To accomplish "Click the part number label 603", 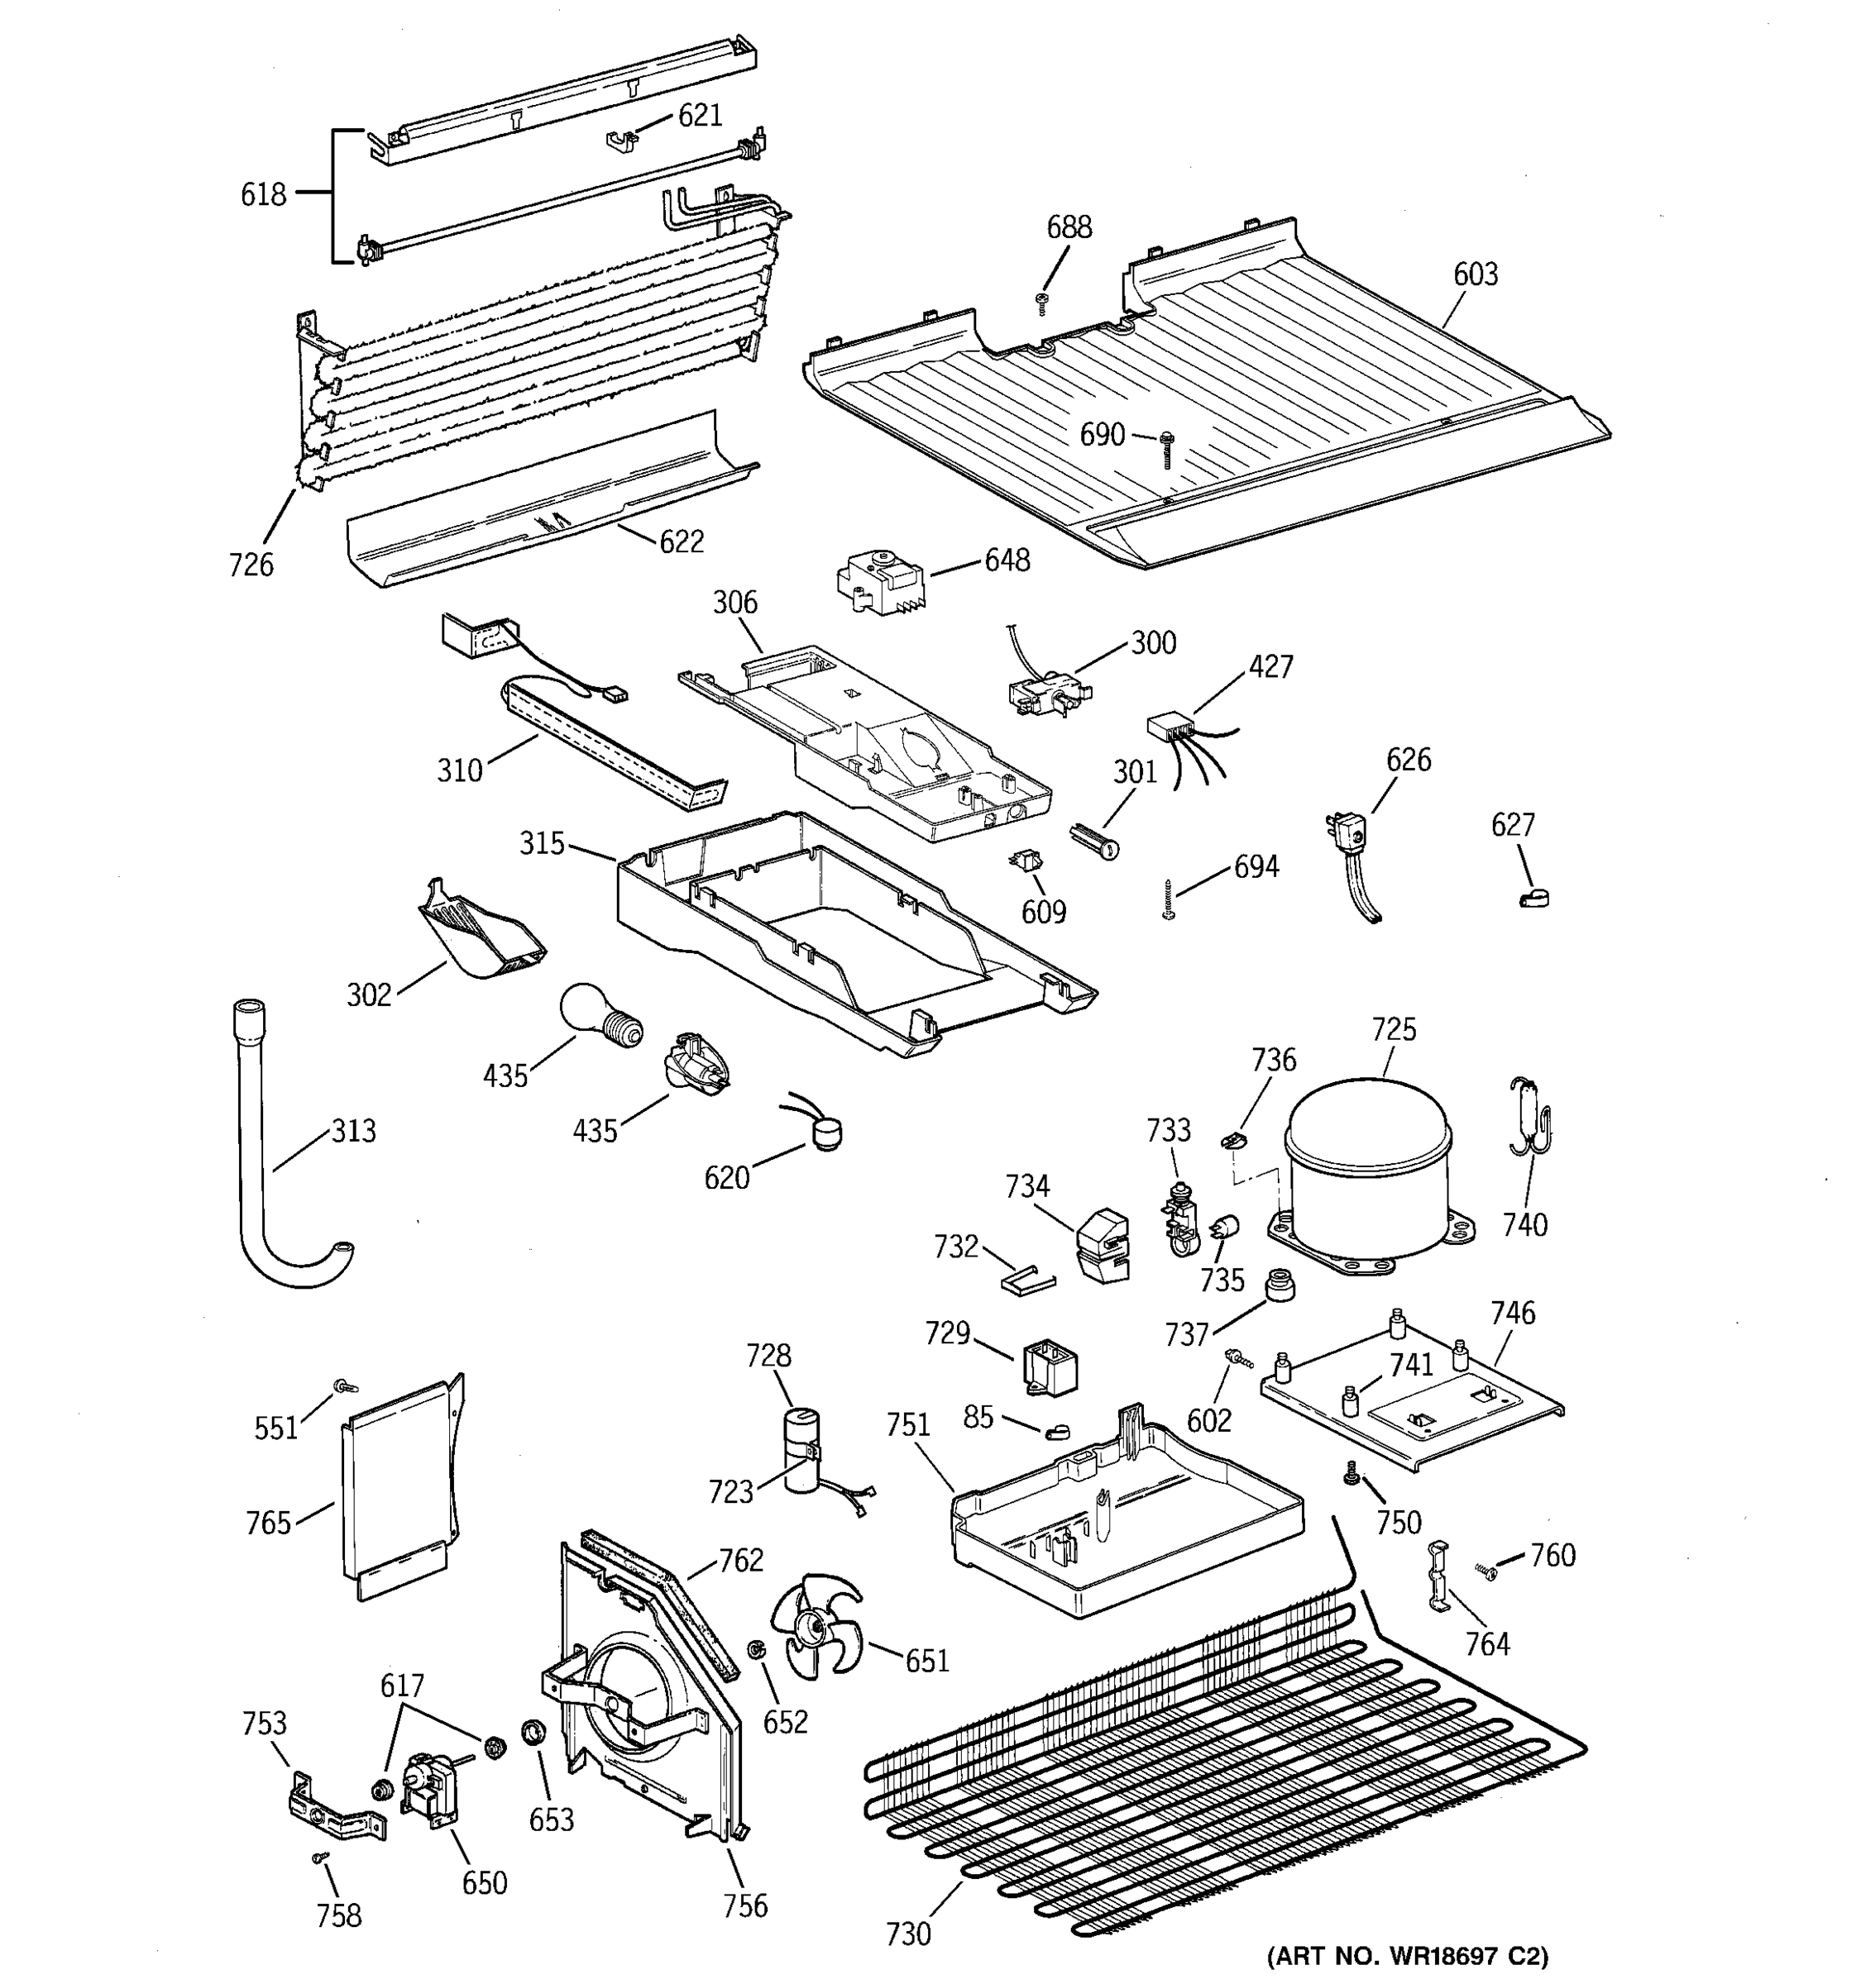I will coord(1475,274).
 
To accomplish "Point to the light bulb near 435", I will coord(600,1017).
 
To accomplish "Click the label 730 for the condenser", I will coord(907,1934).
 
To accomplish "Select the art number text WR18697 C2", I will coord(1407,1955).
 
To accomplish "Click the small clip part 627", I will coord(1533,899).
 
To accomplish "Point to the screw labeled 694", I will coord(1169,899).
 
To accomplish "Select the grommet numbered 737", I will coord(1279,1285).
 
